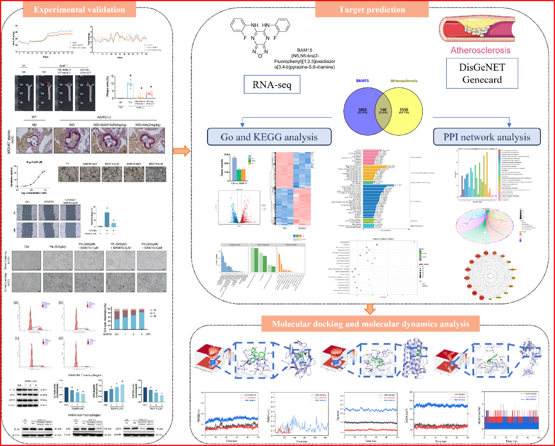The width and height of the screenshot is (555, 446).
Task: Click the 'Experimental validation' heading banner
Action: click(x=79, y=10)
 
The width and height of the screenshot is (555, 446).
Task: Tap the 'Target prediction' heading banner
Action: click(x=372, y=10)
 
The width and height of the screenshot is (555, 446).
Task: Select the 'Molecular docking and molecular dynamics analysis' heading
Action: click(x=370, y=324)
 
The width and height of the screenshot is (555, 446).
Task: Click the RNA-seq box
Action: click(x=272, y=85)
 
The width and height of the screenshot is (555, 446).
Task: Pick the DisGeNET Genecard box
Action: click(x=482, y=73)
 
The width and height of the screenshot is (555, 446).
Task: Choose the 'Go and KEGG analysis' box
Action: click(x=269, y=137)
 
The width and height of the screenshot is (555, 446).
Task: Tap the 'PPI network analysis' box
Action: click(x=487, y=137)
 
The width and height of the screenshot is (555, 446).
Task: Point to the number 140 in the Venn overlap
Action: click(x=383, y=110)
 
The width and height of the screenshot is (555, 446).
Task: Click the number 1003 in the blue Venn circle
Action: click(x=362, y=110)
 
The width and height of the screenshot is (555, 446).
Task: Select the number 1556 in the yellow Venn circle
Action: click(x=404, y=110)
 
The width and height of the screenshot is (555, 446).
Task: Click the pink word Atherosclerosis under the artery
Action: click(x=480, y=50)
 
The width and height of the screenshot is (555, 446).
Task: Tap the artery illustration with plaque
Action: click(x=477, y=29)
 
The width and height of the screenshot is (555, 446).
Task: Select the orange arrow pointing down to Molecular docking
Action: click(x=370, y=308)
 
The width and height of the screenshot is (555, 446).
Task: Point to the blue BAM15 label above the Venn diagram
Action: click(x=362, y=81)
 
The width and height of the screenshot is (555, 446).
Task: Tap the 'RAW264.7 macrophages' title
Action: click(x=85, y=375)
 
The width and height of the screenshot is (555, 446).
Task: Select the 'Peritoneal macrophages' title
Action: click(x=84, y=415)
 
